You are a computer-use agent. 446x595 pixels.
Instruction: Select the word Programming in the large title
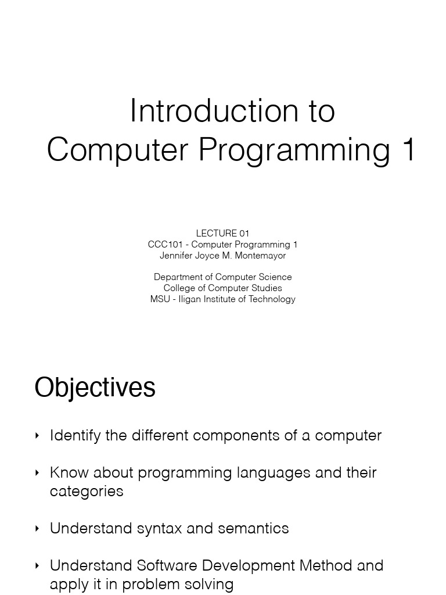click(x=294, y=150)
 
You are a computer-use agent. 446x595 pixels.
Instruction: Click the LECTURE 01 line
click(x=222, y=234)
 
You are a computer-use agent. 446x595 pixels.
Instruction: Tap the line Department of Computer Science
click(x=222, y=277)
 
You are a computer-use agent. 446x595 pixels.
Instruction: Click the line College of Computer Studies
click(x=222, y=288)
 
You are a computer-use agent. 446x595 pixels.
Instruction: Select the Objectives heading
click(x=95, y=388)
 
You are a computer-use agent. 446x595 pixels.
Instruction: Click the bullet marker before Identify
click(x=38, y=436)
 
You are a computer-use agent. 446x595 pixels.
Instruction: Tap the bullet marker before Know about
click(x=38, y=473)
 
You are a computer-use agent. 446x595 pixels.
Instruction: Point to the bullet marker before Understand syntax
click(x=38, y=529)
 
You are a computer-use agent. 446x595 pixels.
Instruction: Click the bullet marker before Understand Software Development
click(x=38, y=566)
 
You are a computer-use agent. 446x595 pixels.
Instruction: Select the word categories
click(x=87, y=491)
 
